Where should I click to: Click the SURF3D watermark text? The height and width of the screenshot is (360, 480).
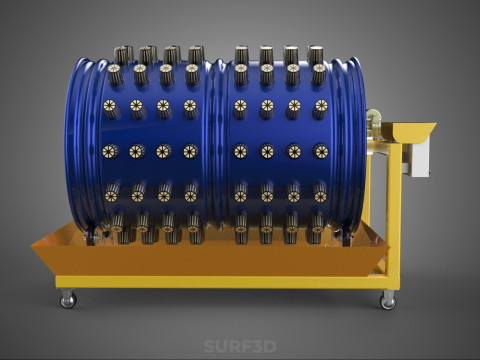point(240,346)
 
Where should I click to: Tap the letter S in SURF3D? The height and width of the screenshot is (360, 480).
point(209,346)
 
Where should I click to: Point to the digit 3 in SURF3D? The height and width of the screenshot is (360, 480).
point(257,346)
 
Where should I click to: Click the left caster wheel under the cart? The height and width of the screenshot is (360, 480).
point(68,298)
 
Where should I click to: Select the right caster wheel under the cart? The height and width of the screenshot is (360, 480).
point(388,300)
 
